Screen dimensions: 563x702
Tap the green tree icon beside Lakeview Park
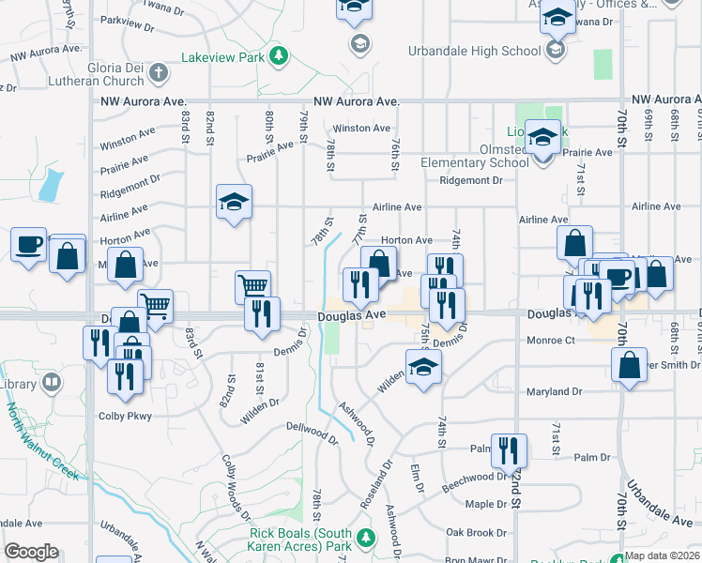coord(279,58)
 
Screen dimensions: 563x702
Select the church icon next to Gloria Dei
coord(159,71)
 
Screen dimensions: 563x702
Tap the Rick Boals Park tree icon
coord(366,539)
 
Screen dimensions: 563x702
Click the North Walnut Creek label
coord(43,441)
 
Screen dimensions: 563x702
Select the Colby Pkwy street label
coord(125,415)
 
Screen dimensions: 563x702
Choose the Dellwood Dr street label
coord(312,432)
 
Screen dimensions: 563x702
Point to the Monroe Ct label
coord(550,341)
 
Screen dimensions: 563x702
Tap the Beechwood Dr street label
coord(474,477)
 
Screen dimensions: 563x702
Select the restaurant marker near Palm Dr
coord(509,449)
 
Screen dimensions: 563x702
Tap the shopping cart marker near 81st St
coord(252,285)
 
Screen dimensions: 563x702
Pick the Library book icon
coord(52,382)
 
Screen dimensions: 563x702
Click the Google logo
coord(31,552)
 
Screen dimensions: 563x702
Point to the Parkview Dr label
coord(130,20)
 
